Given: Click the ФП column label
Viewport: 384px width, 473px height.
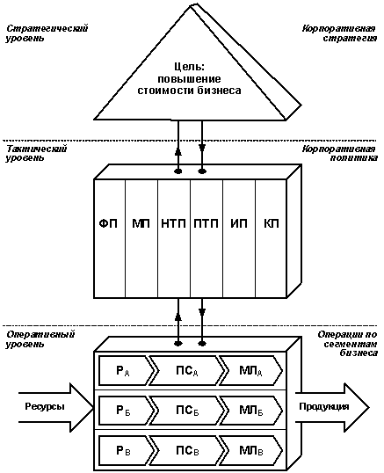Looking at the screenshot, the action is point(108,223).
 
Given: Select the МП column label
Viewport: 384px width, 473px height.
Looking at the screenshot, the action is point(141,223).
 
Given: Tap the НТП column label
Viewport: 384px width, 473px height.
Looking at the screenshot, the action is point(173,223).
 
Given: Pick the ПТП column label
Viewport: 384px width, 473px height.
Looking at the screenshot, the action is point(206,223).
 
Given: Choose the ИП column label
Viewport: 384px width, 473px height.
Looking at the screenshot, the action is point(239,223).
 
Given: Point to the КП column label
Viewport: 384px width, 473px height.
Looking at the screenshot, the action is point(272,223).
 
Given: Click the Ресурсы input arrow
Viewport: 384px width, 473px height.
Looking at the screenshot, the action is point(56,407).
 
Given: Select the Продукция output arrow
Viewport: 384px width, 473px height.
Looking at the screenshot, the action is point(332,407).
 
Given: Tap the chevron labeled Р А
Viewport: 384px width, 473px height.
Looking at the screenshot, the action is point(126,370).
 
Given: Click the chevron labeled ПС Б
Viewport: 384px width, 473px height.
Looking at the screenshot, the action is point(187,411).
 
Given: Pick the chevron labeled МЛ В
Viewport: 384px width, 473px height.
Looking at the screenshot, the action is point(251,451).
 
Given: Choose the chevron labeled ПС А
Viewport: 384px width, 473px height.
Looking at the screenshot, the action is point(187,370).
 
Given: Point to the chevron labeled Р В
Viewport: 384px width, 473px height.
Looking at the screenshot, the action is point(126,451).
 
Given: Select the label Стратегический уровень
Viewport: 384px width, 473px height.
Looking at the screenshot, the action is point(47,33).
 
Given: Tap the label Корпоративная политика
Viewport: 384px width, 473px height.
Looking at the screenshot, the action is point(339,153).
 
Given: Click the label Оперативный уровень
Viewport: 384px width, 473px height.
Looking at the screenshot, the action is point(40,339).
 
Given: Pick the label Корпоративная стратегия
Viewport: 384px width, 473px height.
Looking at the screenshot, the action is point(339,33).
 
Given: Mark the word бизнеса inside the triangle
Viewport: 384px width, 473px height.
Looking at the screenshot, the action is point(220,91).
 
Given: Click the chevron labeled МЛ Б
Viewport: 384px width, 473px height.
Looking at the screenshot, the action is point(251,411).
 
